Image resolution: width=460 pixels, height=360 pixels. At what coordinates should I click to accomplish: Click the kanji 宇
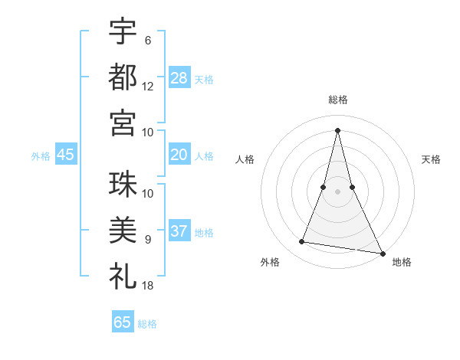coord(123,31)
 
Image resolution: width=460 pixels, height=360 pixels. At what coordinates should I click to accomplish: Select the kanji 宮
coord(123,123)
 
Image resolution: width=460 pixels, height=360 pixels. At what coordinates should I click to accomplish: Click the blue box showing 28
coord(179,77)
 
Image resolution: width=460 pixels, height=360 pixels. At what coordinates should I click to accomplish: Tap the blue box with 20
coord(179,155)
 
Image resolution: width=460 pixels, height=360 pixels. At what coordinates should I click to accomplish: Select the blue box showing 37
coord(179,231)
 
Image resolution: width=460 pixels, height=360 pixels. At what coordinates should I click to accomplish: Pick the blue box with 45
coord(65,155)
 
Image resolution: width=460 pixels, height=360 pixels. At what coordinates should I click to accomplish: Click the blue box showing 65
coord(123,322)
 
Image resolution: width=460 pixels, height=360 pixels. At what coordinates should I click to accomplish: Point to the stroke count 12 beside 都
coord(148,87)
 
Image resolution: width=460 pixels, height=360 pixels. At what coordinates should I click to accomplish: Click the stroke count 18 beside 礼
coord(148,286)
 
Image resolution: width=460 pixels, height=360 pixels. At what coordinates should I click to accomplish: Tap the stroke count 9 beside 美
coord(148,240)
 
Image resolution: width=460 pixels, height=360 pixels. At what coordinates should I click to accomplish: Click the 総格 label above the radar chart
coord(337,100)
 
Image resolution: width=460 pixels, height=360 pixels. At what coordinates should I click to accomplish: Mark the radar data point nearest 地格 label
coord(382,253)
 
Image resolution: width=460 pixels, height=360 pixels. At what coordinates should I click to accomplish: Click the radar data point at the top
coord(337,129)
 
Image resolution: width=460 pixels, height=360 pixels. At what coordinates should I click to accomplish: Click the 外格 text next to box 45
coord(41,155)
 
